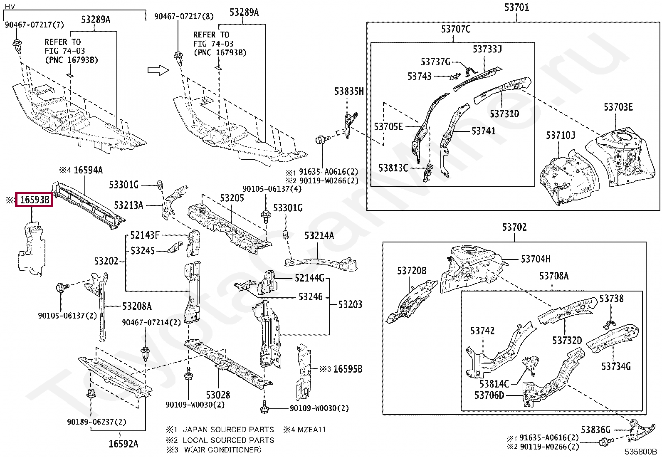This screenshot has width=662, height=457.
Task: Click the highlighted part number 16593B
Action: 34,200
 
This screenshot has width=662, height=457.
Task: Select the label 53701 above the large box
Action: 516,7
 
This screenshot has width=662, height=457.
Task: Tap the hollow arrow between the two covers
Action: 158,70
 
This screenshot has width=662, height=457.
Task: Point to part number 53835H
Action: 349,91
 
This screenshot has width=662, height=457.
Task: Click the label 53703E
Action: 618,107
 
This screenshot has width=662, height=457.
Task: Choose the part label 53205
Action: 232,198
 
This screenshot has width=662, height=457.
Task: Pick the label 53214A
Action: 319,236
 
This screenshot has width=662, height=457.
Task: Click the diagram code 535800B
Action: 640,452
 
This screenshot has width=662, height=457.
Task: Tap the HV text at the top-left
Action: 10,6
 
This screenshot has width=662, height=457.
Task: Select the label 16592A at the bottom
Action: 123,444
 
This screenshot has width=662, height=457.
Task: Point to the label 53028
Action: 218,395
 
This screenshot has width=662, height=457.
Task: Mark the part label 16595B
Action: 348,369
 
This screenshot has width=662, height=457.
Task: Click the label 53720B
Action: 412,270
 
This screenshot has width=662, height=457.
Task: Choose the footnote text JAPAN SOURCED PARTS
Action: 228,429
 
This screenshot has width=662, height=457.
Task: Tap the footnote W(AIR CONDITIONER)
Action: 223,450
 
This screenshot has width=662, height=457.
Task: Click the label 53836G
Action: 595,429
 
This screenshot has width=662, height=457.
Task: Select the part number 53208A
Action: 137,306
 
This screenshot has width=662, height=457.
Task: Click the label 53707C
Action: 456,29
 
